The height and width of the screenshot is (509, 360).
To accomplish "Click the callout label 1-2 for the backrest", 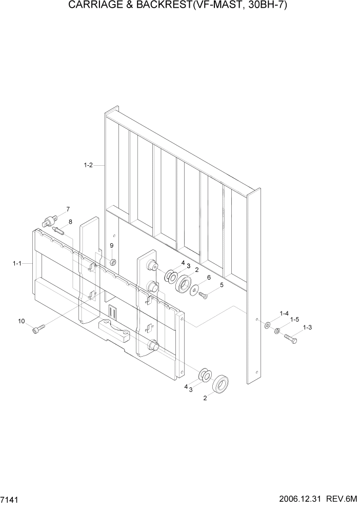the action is click(x=88, y=165).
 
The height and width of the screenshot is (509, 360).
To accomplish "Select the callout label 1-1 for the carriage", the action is click(x=17, y=263).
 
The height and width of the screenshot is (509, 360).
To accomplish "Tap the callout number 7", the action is click(x=67, y=209).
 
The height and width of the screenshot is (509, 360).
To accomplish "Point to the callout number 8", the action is click(x=70, y=222).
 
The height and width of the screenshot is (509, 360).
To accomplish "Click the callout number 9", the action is click(x=112, y=246).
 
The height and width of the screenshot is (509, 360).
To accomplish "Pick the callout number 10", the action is click(x=21, y=321).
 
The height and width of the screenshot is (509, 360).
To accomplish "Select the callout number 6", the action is click(x=208, y=278).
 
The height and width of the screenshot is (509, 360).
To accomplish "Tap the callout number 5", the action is click(x=222, y=285).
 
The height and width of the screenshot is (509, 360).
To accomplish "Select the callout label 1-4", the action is click(x=284, y=313).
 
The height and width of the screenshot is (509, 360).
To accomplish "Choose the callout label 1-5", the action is click(x=294, y=319).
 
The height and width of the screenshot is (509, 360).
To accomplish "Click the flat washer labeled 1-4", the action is click(x=268, y=325).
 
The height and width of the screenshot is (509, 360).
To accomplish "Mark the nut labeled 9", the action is click(x=113, y=263).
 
